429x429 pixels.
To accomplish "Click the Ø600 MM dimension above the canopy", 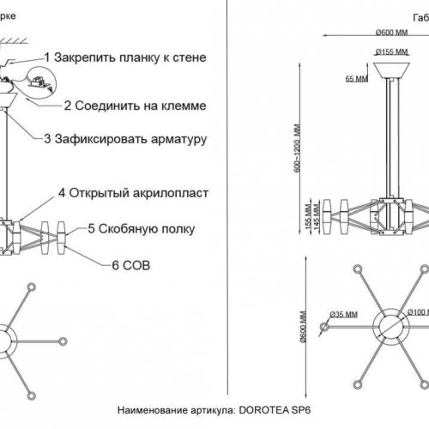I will tap(390, 32).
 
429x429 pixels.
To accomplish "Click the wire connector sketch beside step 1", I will tap(37, 78).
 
